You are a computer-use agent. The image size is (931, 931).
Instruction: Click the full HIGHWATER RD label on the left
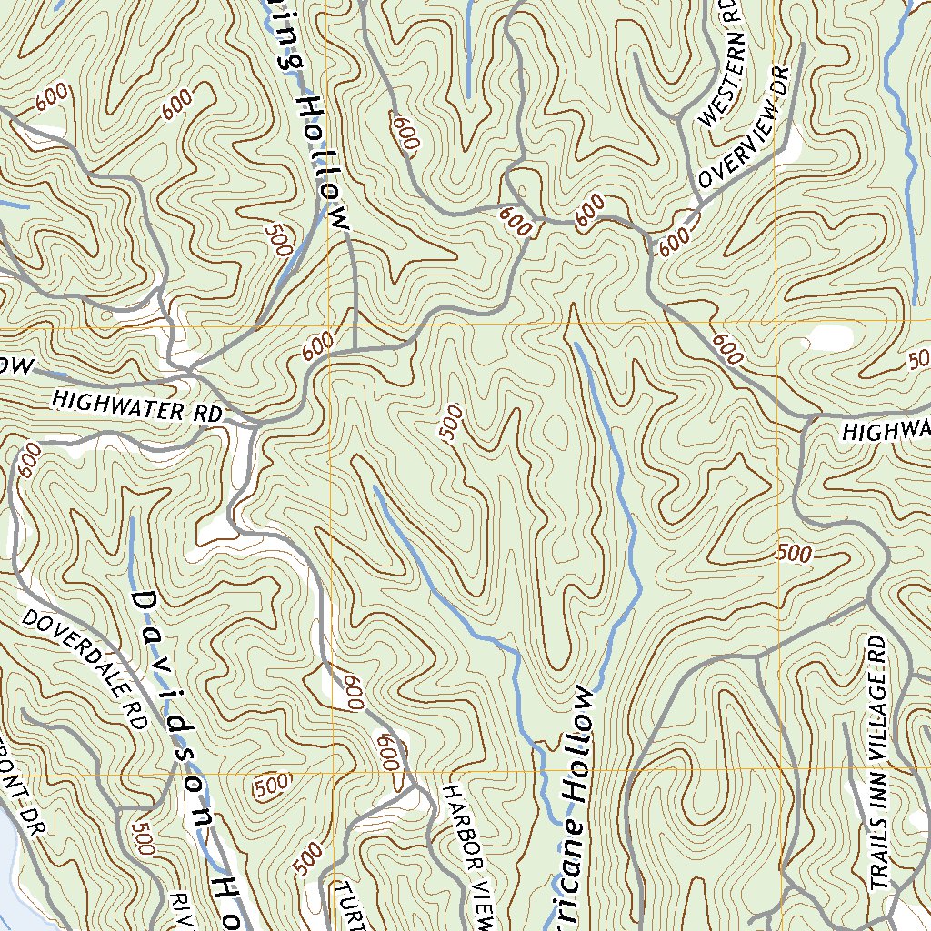tap(136, 405)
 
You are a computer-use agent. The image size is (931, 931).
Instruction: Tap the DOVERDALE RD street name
tap(85, 668)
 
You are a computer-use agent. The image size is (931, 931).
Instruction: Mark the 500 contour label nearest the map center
tap(451, 423)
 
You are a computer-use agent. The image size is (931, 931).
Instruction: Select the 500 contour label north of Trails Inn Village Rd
tap(794, 553)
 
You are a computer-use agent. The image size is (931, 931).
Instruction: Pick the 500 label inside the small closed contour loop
tap(272, 784)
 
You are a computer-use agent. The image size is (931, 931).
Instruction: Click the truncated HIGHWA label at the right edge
tap(886, 429)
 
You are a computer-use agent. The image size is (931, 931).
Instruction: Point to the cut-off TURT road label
tap(350, 905)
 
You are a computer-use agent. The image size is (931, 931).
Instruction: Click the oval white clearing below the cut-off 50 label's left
tap(831, 338)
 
